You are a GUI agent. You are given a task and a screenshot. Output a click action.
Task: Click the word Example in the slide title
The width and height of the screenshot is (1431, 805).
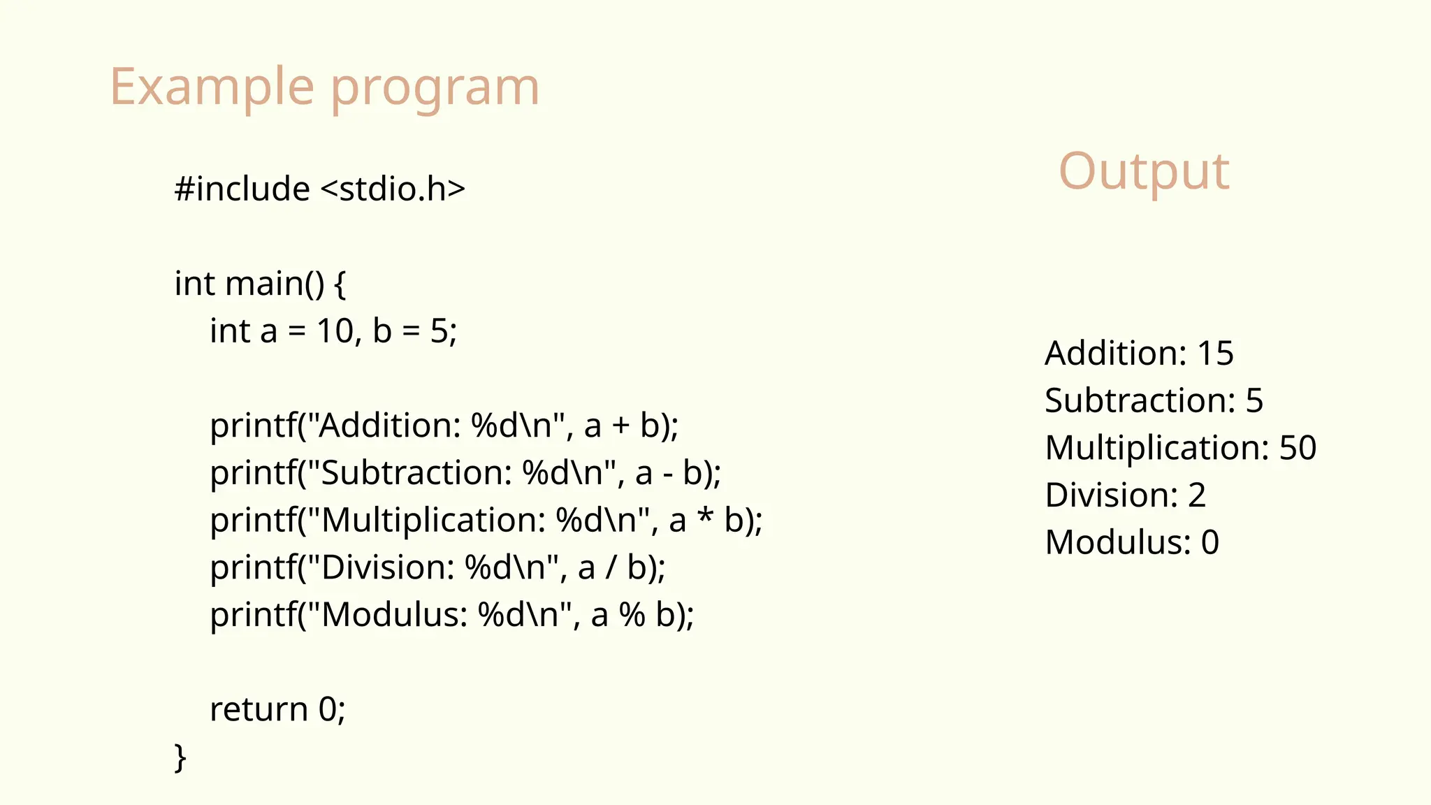(212, 87)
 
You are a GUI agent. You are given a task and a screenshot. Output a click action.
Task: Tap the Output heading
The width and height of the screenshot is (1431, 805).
(1144, 171)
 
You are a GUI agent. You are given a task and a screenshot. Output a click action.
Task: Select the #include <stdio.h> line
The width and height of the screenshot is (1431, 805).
(319, 189)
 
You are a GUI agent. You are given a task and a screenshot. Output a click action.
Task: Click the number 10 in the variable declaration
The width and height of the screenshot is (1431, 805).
(335, 331)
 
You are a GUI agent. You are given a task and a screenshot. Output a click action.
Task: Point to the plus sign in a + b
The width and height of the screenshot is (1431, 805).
(620, 426)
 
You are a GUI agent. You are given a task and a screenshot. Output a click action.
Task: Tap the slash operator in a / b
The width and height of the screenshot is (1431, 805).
(611, 567)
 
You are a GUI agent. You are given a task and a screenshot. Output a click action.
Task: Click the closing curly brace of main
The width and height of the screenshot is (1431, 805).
(180, 757)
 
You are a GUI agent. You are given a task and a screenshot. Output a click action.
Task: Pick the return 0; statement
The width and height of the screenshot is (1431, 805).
(277, 710)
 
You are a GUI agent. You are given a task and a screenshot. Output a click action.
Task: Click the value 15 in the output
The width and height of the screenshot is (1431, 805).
(1215, 354)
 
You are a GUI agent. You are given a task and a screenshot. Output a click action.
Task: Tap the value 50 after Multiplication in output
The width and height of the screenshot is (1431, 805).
(1298, 448)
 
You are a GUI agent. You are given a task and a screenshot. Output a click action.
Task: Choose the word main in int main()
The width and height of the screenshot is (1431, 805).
(264, 284)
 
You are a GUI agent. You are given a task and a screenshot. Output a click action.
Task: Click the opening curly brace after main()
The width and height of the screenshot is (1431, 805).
(340, 284)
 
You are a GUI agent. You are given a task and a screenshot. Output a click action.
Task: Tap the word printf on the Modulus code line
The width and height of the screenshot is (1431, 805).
(253, 616)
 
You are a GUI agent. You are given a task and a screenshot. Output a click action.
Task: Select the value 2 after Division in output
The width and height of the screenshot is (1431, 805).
(1197, 495)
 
